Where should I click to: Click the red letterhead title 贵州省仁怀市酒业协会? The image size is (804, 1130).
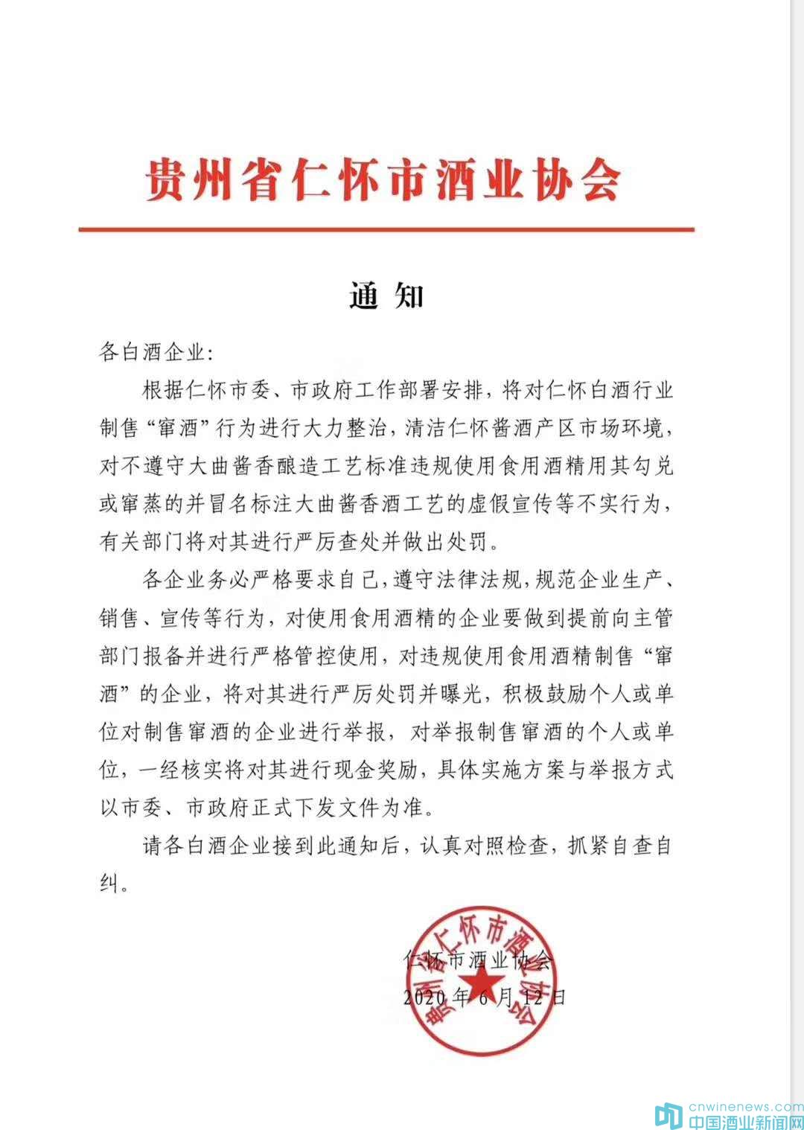[x=383, y=179]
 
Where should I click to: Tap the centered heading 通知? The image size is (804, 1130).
[x=386, y=296]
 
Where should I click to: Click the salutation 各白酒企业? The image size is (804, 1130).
[x=156, y=351]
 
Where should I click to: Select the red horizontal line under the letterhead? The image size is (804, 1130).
[x=386, y=229]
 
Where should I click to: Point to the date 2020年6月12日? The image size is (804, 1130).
[x=485, y=997]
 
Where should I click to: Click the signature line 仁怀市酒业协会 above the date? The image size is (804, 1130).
[x=476, y=960]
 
